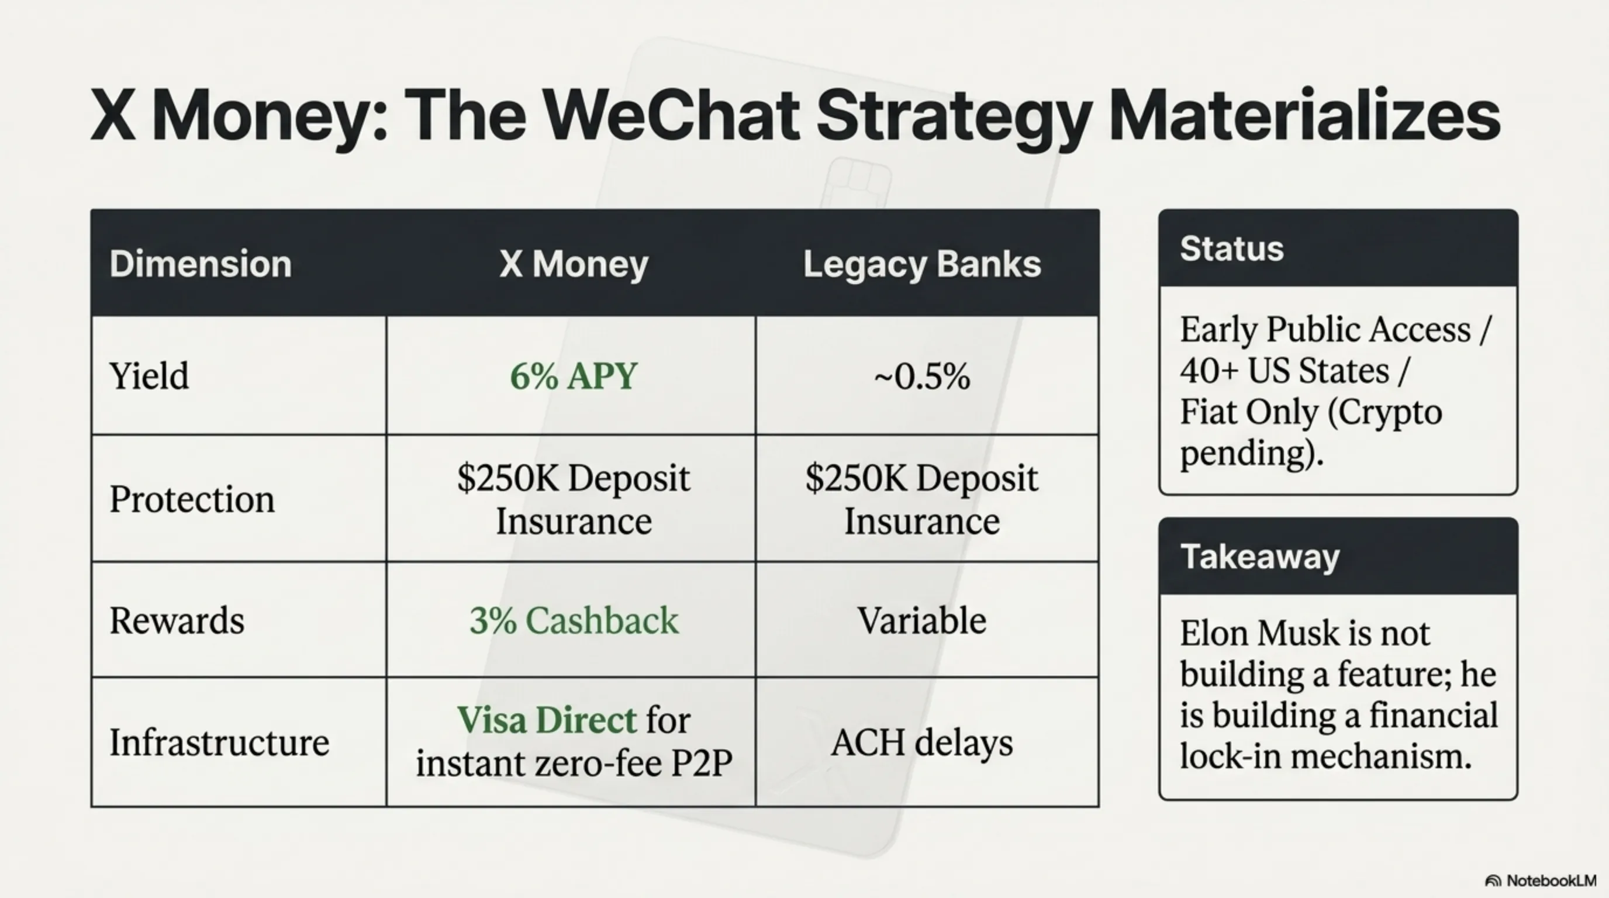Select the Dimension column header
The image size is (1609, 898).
(201, 264)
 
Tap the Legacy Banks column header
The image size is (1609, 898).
(922, 264)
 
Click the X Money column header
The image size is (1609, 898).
(574, 264)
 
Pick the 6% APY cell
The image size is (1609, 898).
(574, 376)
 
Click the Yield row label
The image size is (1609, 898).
(149, 376)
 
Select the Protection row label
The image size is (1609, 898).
(192, 499)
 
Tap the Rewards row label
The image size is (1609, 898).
(177, 621)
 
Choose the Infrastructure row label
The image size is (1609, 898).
(219, 742)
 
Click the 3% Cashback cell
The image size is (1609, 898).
(574, 621)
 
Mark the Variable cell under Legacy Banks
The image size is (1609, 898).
(922, 621)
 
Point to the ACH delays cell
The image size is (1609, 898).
(922, 743)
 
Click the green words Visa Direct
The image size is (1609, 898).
(547, 720)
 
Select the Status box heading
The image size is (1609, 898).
(1232, 248)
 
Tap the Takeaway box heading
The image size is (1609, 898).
(1260, 557)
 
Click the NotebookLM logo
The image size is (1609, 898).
(1540, 880)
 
